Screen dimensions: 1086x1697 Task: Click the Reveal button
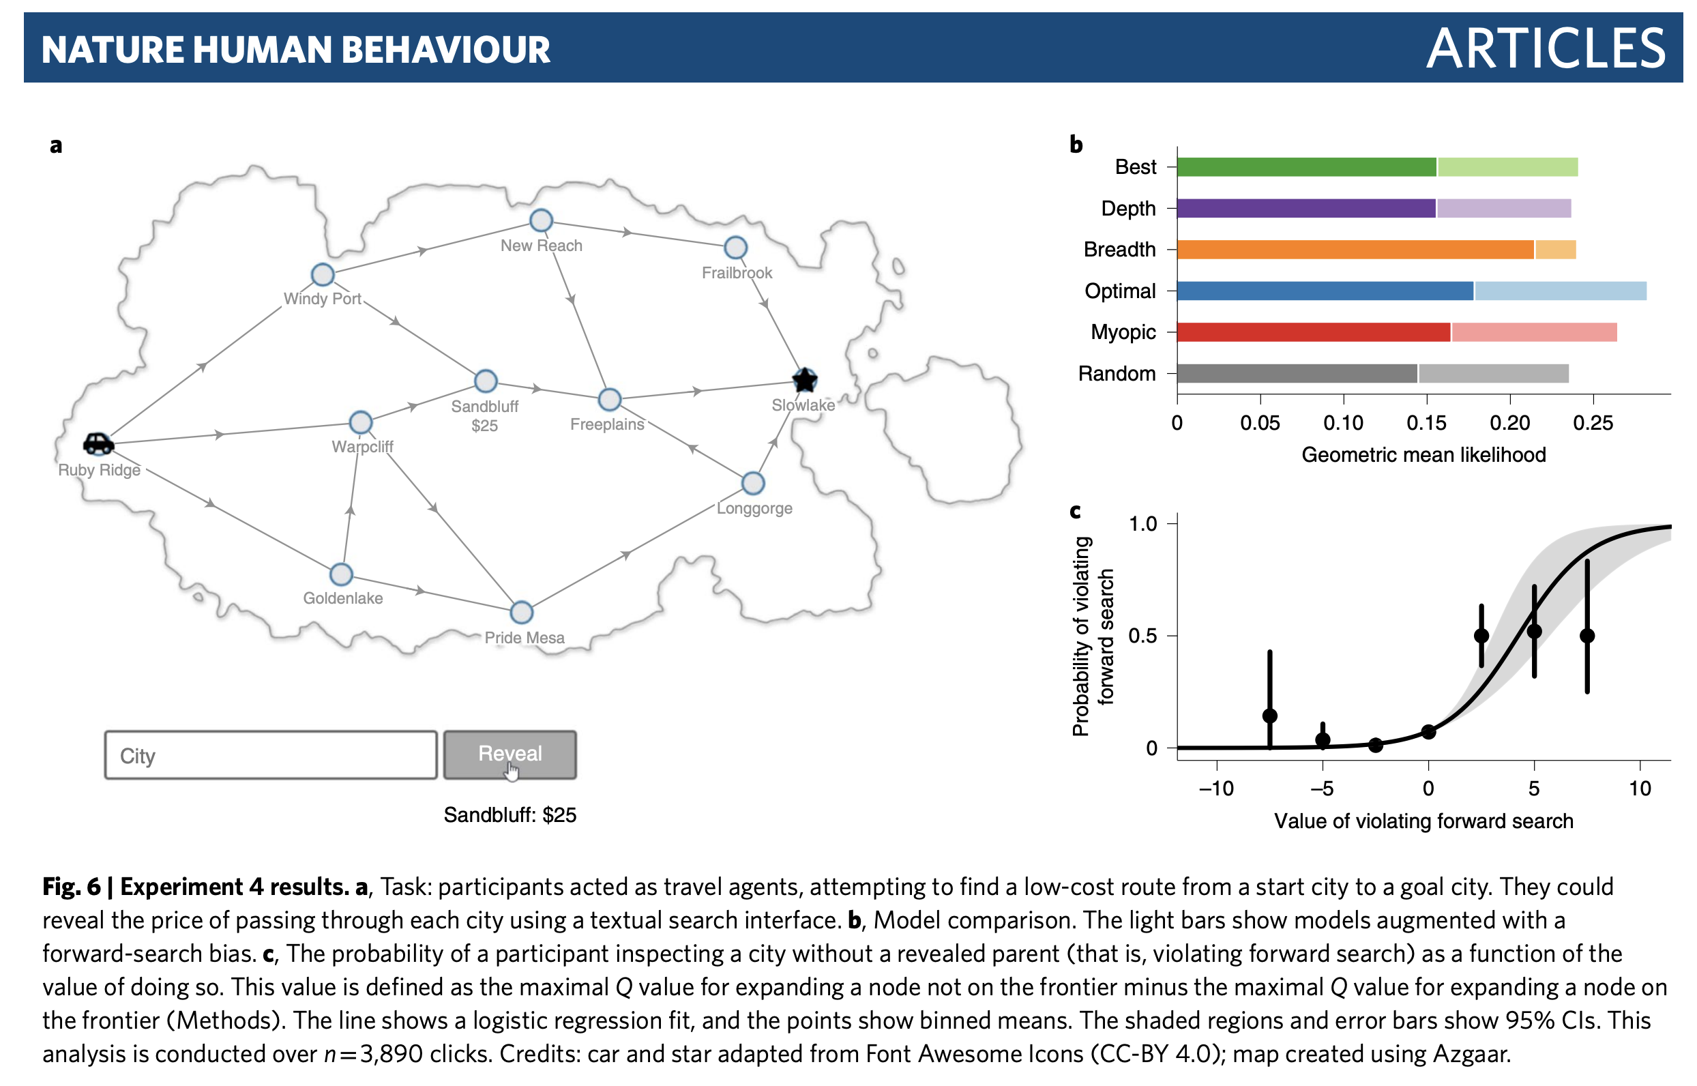point(510,754)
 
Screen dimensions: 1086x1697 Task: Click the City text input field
point(271,754)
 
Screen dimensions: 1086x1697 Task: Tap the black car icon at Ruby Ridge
point(98,443)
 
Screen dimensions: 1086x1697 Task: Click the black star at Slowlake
point(804,380)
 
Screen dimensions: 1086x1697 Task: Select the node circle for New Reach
point(541,220)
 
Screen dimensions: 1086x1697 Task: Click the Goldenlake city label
point(342,598)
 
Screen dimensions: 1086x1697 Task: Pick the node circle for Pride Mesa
point(521,612)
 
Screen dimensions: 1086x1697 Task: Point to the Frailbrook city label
point(737,273)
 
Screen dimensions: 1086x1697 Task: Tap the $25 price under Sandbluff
point(484,426)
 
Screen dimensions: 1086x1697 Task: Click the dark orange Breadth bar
point(1354,250)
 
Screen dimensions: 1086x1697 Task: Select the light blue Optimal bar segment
point(1559,291)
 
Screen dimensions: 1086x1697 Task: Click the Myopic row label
point(1123,332)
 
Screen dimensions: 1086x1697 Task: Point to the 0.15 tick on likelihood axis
point(1426,423)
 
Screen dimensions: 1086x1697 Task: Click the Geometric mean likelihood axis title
point(1423,455)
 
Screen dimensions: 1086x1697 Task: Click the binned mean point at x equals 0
point(1428,732)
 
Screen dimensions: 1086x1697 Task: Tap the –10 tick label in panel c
point(1216,788)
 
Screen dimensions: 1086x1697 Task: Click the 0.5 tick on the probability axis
point(1142,635)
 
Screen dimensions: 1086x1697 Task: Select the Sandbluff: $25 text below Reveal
point(510,815)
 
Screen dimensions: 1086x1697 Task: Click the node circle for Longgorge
point(753,483)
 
